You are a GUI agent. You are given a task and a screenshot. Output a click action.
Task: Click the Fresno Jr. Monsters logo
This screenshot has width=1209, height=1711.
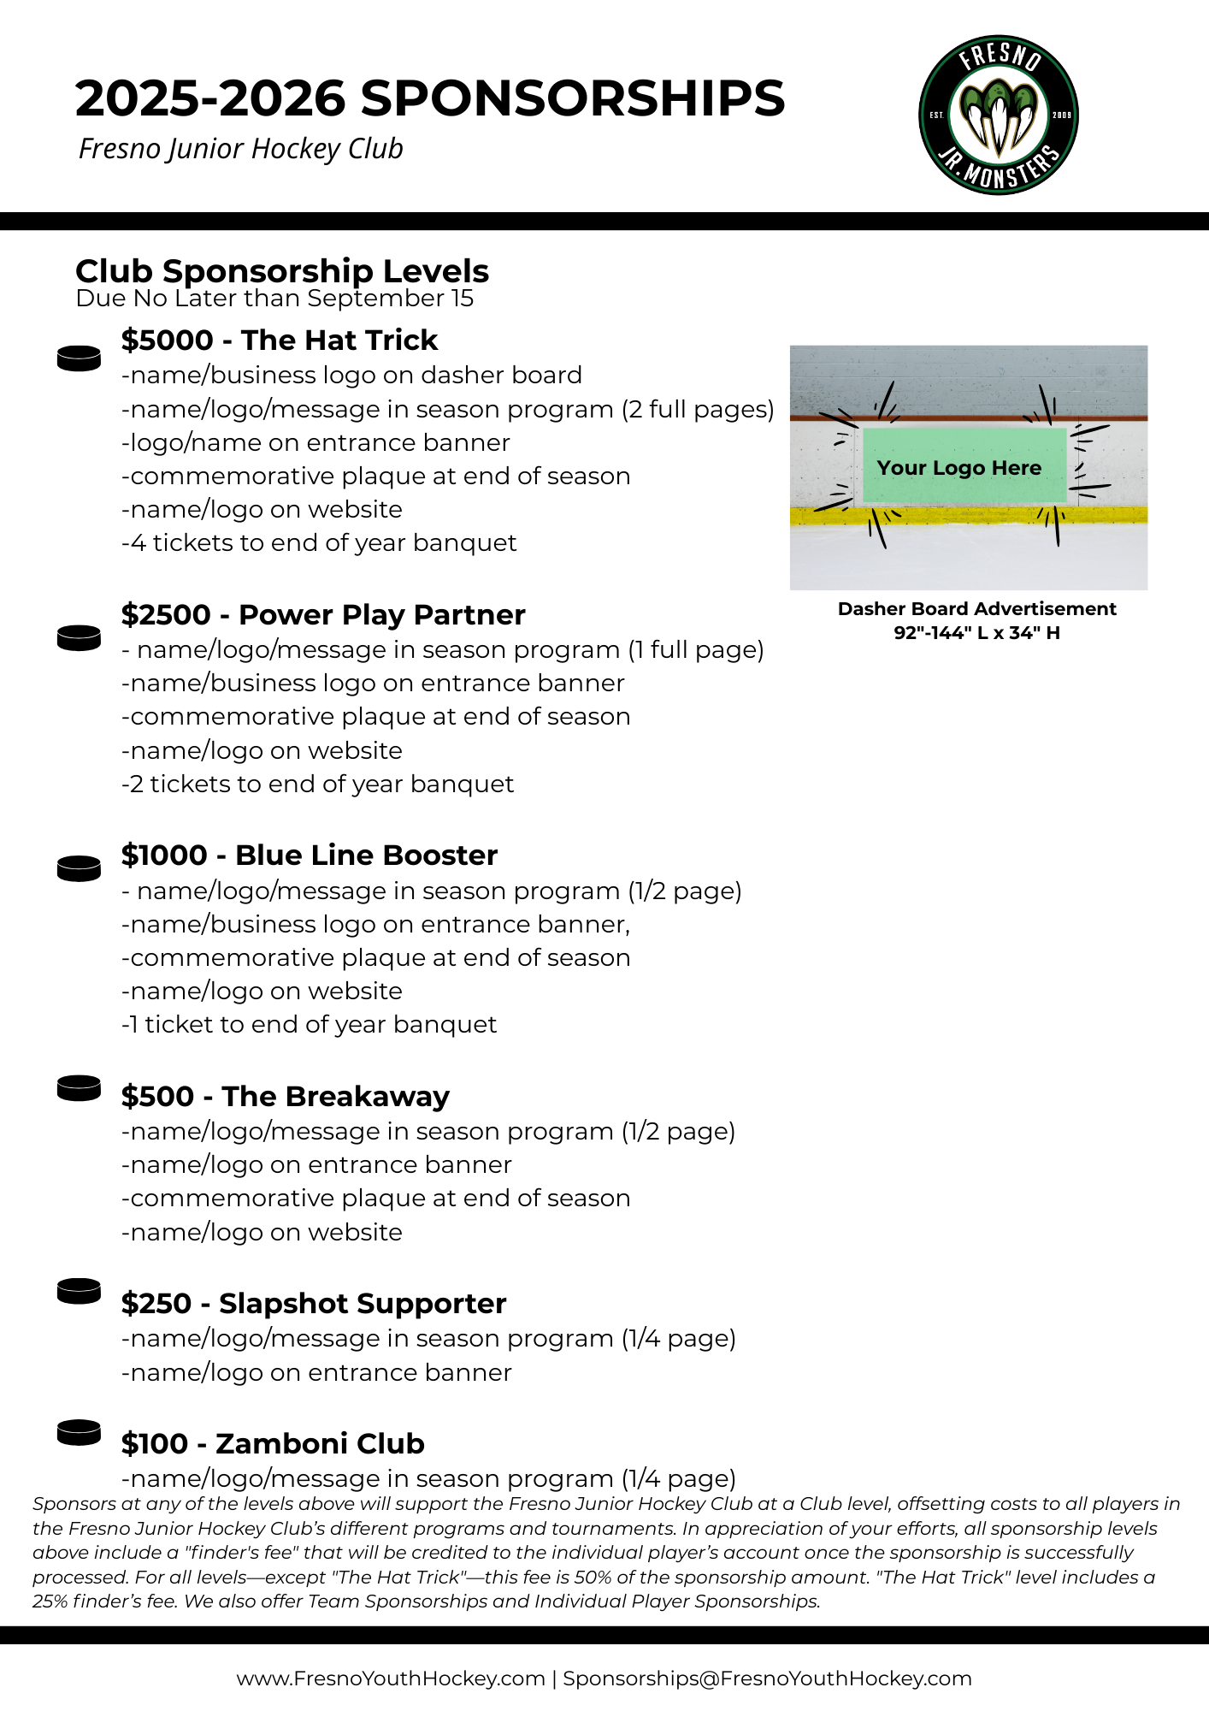point(998,115)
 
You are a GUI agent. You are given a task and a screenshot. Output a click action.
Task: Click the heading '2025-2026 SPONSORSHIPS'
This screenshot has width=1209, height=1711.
point(429,98)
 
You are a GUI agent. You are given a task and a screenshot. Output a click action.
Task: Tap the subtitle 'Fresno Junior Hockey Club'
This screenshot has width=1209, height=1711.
point(240,149)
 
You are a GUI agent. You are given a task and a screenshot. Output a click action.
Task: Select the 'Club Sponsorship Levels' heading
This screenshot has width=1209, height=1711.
point(281,271)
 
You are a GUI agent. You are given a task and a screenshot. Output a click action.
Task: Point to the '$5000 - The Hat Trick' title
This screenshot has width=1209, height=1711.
point(279,340)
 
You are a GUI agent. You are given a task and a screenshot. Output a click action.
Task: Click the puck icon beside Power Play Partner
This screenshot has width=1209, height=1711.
point(79,638)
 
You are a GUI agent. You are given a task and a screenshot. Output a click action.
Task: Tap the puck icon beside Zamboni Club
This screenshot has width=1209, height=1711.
point(79,1432)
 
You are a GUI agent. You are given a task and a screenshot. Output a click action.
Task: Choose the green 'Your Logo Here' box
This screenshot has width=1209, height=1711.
point(964,466)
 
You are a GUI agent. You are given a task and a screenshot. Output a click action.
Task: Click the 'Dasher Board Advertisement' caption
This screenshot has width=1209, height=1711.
point(976,609)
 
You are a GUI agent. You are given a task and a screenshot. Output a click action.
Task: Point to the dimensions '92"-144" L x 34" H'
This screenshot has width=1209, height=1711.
point(976,633)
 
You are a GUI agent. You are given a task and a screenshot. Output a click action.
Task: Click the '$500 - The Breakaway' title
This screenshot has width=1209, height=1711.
point(285,1097)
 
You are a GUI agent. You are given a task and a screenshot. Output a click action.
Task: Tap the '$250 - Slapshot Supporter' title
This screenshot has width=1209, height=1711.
point(313,1304)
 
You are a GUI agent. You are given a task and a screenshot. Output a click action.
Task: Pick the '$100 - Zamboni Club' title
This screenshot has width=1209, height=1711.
point(273,1444)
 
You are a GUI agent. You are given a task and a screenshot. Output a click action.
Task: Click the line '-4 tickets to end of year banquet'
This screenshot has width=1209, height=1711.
point(319,543)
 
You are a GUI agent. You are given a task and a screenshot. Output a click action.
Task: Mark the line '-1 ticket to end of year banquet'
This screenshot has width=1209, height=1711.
point(309,1025)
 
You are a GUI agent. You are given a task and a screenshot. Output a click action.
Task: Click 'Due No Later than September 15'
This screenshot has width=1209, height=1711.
point(274,299)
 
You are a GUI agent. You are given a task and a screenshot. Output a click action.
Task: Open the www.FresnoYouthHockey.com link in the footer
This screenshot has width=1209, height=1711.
point(390,1678)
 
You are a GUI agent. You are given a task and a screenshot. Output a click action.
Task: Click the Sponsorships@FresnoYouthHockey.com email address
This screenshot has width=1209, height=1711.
point(767,1678)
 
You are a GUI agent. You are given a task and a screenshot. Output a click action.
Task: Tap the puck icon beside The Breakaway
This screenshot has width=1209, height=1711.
point(79,1089)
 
